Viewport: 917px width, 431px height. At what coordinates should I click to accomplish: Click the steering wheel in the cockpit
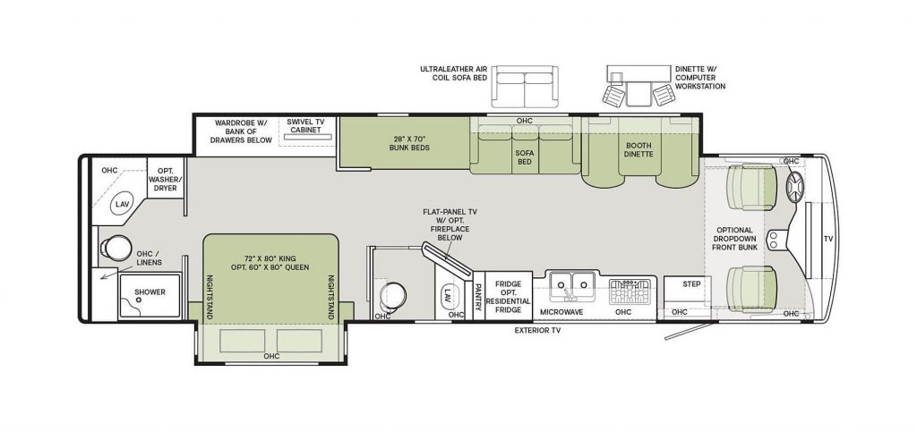(795, 188)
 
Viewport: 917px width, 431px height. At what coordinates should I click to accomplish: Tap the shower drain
(139, 299)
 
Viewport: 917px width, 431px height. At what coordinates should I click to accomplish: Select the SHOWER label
(150, 292)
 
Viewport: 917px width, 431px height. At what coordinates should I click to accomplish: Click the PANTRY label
(478, 297)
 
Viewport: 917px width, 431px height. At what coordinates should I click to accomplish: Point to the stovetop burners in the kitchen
(630, 292)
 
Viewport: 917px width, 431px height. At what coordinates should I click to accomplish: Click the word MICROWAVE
(561, 312)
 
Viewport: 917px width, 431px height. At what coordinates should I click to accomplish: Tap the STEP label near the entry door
(691, 283)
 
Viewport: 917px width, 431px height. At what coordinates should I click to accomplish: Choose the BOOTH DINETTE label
(638, 150)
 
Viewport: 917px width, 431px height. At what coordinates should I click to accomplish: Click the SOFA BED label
(525, 157)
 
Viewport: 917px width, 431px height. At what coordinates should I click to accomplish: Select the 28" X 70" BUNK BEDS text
(409, 143)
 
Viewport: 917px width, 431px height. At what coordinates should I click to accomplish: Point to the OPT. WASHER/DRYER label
(166, 180)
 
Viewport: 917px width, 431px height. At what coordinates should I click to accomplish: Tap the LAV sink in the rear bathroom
(121, 204)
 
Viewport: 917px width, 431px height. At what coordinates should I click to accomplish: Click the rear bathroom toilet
(116, 249)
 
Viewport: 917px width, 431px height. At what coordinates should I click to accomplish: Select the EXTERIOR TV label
(537, 331)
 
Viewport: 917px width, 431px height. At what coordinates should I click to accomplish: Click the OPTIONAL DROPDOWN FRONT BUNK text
(734, 239)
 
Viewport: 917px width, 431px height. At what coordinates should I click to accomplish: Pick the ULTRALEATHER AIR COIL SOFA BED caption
(454, 73)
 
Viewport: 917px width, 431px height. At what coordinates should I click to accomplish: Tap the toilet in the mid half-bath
(392, 295)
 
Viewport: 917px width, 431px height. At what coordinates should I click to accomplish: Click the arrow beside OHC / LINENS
(108, 275)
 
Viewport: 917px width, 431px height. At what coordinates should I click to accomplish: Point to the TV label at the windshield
(827, 239)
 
